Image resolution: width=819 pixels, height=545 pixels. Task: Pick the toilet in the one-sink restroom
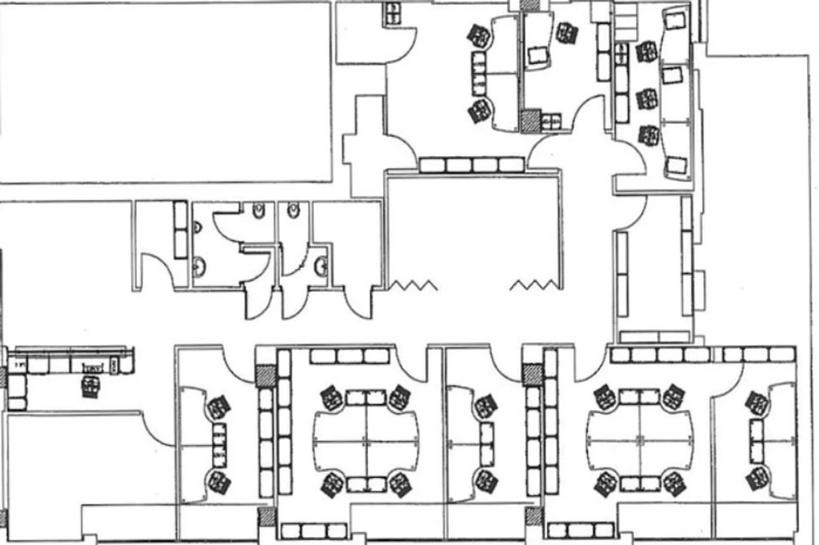(x=294, y=211)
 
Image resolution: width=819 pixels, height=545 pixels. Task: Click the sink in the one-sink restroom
(x=321, y=265)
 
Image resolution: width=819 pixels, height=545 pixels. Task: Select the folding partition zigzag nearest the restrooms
(x=413, y=285)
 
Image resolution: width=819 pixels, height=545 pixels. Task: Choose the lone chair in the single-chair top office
(x=566, y=33)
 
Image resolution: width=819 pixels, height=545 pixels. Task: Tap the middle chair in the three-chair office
(x=646, y=99)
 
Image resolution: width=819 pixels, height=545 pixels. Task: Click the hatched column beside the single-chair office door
(x=529, y=121)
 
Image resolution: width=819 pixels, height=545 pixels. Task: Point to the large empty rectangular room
(x=165, y=92)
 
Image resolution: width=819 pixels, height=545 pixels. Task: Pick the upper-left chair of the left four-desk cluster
(x=331, y=397)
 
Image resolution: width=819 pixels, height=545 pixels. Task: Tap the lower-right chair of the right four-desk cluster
(x=673, y=483)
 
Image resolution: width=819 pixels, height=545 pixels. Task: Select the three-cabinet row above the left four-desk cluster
(x=338, y=356)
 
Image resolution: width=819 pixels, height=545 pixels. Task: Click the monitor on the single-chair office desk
(x=537, y=54)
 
